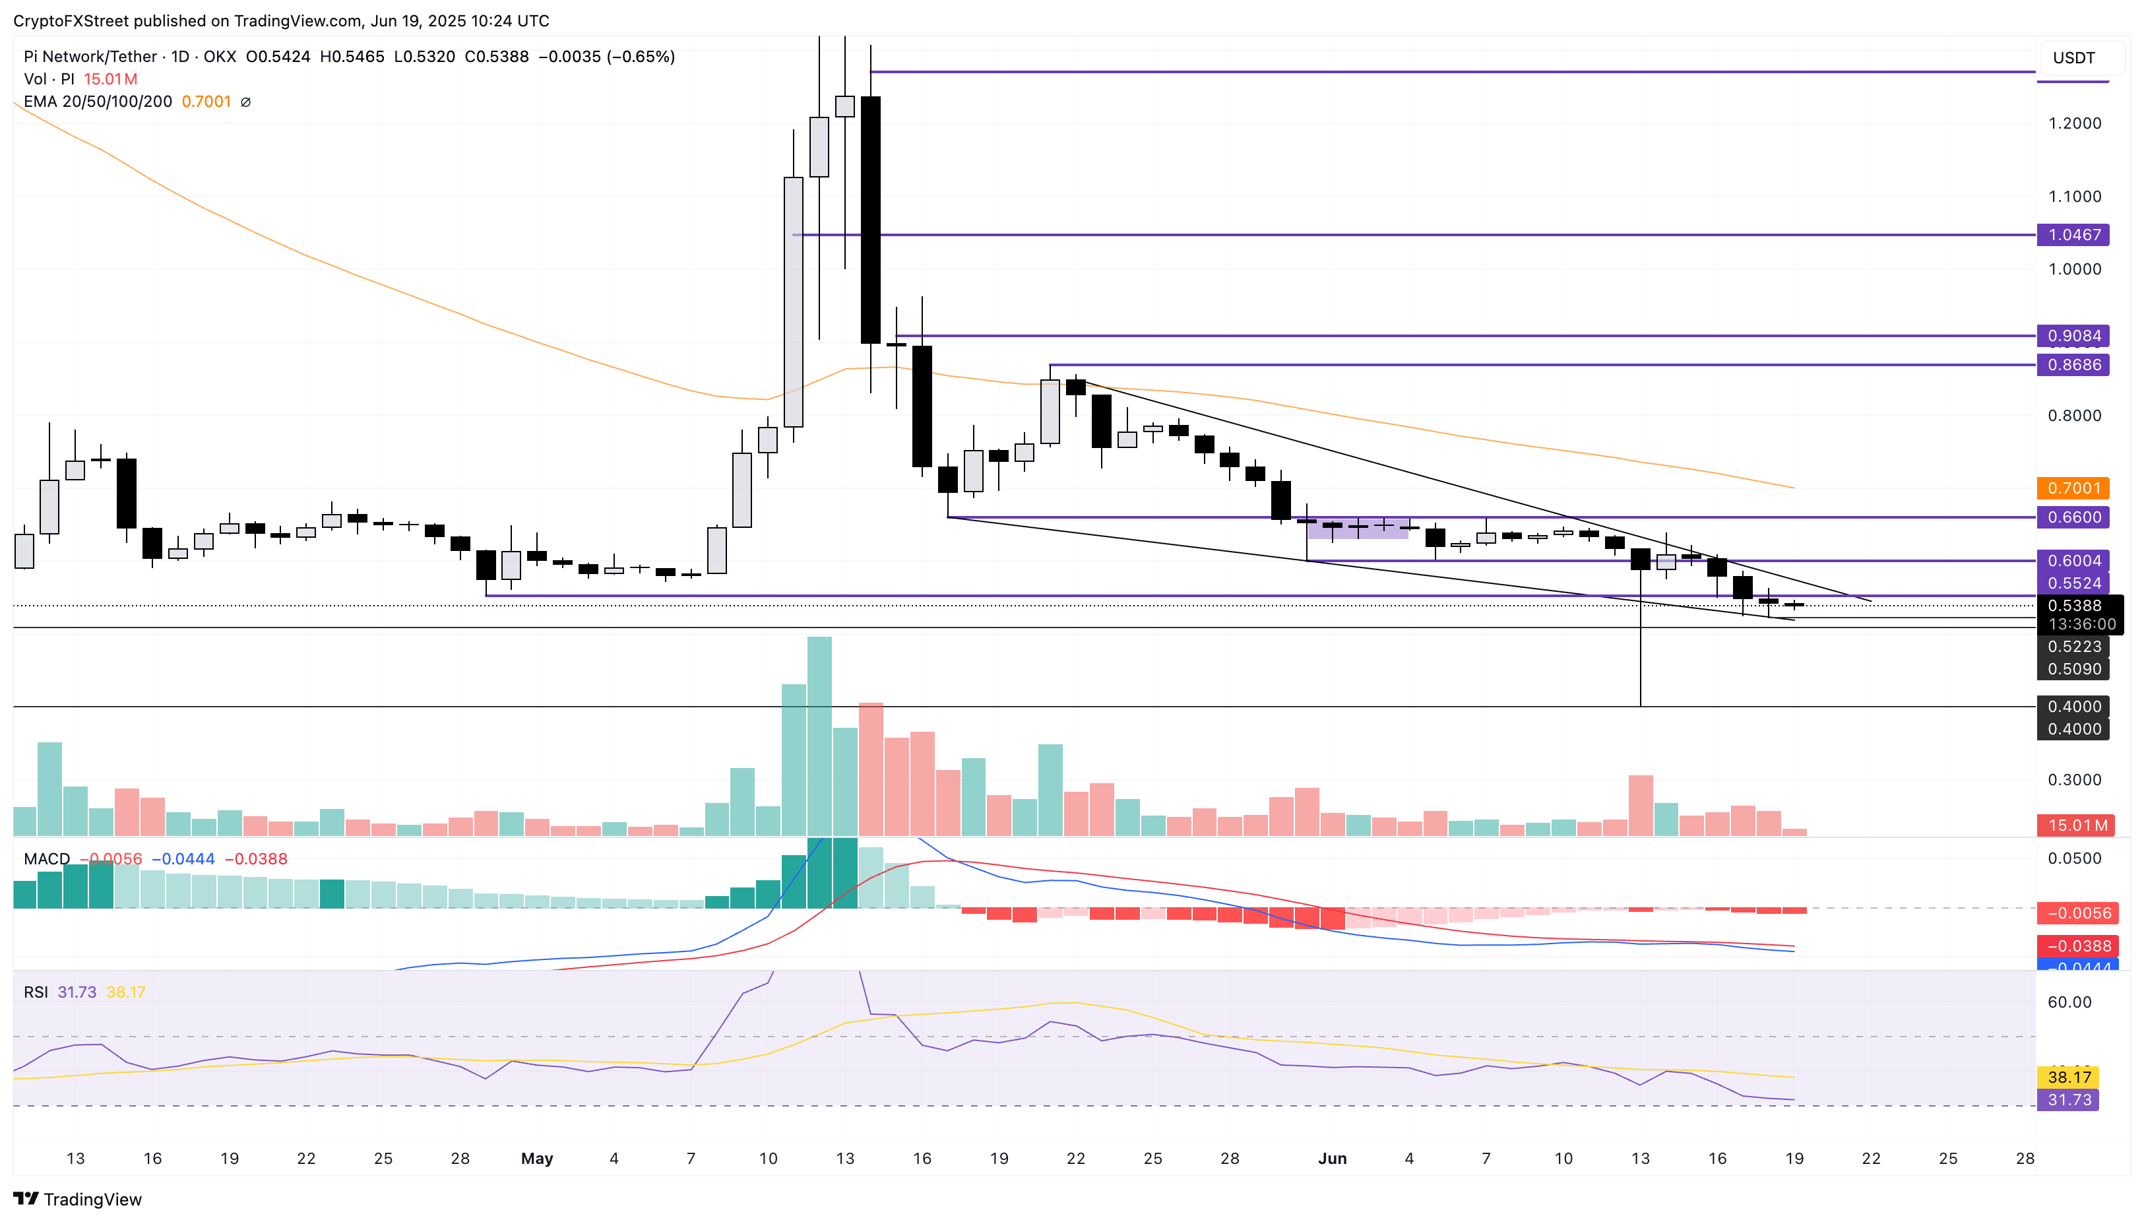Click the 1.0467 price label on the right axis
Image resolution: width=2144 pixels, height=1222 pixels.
point(2073,235)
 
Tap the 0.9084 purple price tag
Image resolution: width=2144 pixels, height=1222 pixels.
point(2073,336)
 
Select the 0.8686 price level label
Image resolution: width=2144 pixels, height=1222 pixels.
point(2073,365)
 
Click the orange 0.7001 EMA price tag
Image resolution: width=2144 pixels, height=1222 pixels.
point(2073,488)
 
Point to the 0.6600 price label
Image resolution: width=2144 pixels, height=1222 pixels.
point(2073,517)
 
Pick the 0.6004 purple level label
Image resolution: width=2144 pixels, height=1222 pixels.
point(2073,561)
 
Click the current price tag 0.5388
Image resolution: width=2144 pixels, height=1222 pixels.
point(2073,606)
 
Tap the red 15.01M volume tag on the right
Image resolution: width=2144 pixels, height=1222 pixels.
point(2077,825)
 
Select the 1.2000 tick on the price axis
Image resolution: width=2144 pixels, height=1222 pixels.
point(2073,123)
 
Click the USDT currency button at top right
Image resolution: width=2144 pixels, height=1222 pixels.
point(2074,58)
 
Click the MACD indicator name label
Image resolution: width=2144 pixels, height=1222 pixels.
point(47,858)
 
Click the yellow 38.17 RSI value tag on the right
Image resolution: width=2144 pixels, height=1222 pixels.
point(2069,1077)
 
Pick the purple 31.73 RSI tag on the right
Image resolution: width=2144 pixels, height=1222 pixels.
point(2069,1099)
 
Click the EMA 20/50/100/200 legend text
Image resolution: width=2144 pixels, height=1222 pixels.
point(98,102)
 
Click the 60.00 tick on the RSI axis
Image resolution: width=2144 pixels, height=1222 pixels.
point(2069,1002)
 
